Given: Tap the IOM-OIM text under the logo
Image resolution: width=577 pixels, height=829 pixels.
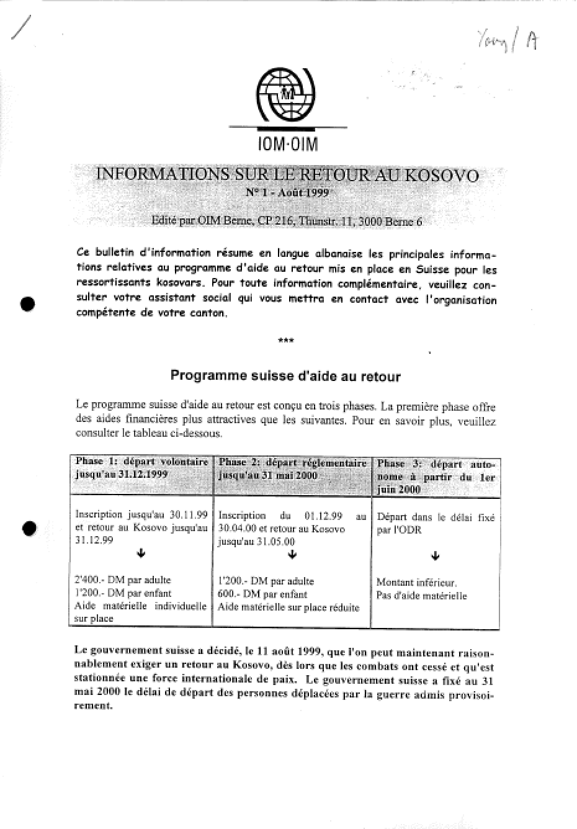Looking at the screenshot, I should point(287,144).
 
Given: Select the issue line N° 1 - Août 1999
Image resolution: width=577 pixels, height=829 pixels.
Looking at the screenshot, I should point(288,193).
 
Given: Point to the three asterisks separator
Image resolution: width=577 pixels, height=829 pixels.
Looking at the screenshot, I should point(287,340).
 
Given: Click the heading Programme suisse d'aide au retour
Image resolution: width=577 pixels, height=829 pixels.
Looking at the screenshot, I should point(285,376).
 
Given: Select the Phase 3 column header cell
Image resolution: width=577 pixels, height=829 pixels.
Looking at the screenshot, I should point(436,477).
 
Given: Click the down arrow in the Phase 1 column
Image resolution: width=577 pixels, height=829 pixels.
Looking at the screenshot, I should point(141,553).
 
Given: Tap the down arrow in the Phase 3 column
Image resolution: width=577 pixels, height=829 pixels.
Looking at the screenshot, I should point(435,556).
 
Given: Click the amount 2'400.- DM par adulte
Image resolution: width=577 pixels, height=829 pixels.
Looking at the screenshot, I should point(122,580).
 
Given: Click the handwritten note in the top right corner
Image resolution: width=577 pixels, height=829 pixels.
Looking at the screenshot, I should point(508,41).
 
